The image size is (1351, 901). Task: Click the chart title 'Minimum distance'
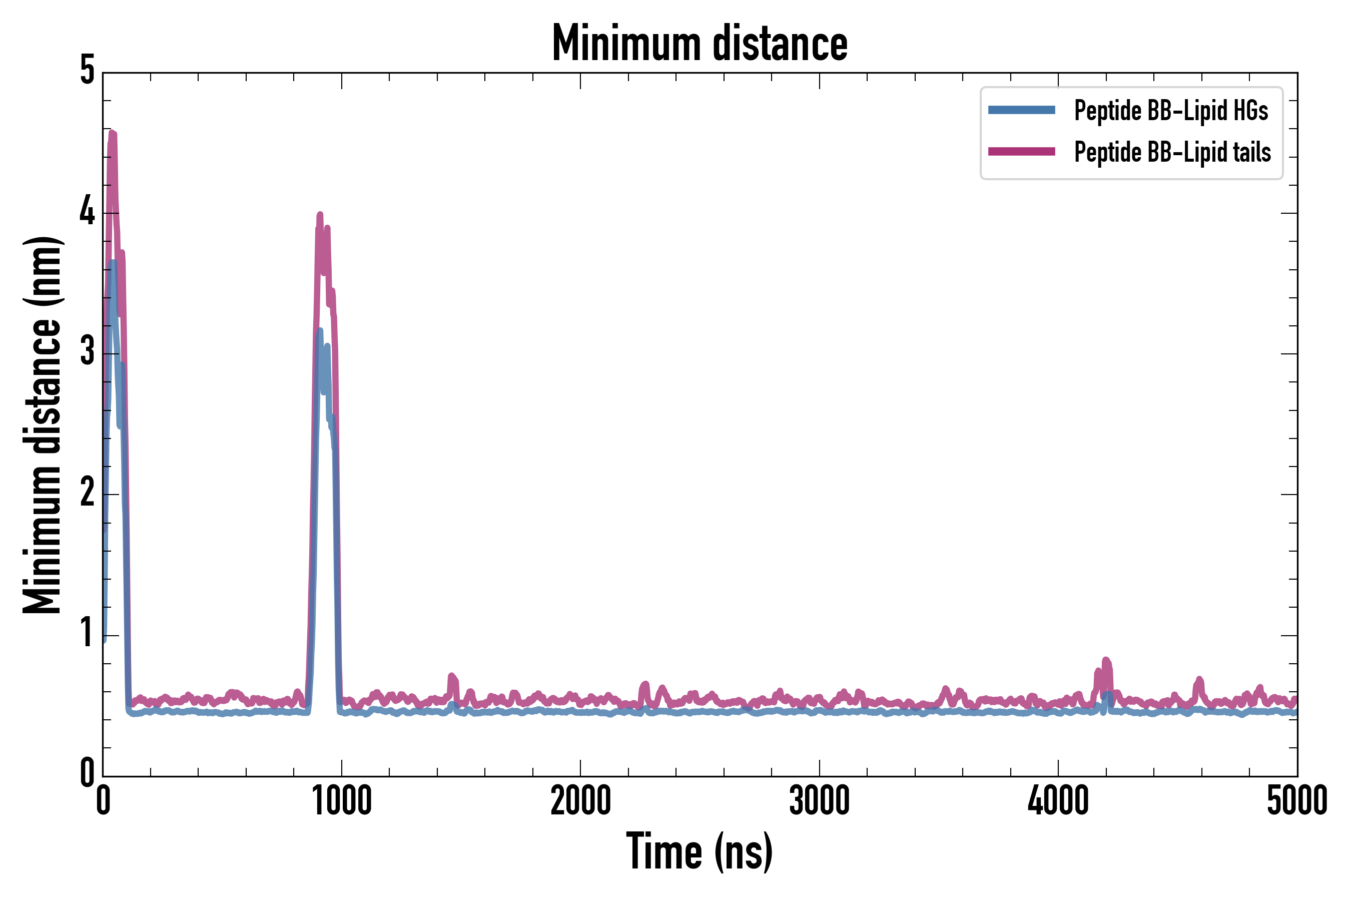coord(699,44)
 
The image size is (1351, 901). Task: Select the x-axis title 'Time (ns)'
coord(699,851)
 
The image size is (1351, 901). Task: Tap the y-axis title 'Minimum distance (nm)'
coord(43,425)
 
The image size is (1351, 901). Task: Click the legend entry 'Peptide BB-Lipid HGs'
coord(1171,110)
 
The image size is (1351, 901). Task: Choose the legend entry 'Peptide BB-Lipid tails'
coord(1172,152)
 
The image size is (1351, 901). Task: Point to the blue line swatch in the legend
coord(1021,110)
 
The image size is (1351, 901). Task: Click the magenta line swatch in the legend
coord(1021,152)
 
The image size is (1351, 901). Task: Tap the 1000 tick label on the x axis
coord(342,801)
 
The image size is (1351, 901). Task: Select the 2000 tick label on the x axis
coord(580,801)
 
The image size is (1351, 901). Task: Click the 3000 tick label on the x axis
coord(819,801)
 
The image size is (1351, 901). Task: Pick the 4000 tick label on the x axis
coord(1058,801)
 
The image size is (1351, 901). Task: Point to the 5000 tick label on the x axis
coord(1296,801)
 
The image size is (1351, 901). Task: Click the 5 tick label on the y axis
coord(87,71)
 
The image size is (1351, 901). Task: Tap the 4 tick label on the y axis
coord(87,212)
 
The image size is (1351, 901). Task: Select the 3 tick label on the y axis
coord(87,352)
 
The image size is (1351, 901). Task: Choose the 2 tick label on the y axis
coord(87,493)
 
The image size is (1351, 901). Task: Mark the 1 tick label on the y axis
coord(87,633)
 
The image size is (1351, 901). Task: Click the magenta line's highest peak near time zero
coord(113,135)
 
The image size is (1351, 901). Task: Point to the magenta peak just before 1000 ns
coord(320,215)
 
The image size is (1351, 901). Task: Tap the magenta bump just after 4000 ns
coord(1106,661)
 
